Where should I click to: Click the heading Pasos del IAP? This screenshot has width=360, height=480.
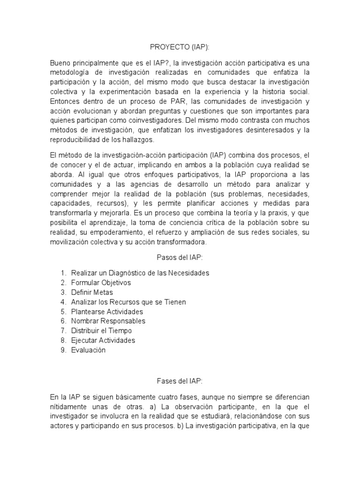[180, 257]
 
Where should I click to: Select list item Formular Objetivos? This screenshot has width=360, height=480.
[101, 283]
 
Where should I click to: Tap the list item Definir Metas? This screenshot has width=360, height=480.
[92, 292]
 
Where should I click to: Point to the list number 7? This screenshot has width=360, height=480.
[63, 331]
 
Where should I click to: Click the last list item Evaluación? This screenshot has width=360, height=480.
[88, 350]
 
